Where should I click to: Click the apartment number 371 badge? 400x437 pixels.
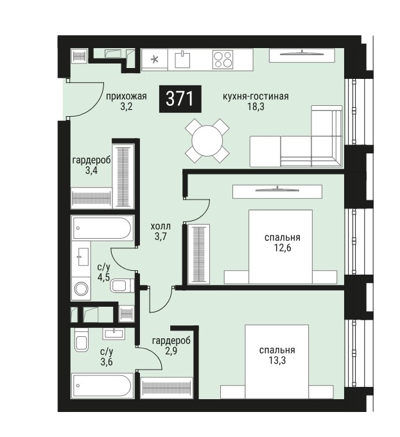pyautogui.click(x=180, y=99)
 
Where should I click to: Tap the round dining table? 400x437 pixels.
pyautogui.click(x=207, y=141)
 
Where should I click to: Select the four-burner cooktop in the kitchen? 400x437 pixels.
pyautogui.click(x=223, y=60)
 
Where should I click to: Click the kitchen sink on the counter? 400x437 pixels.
pyautogui.click(x=182, y=60)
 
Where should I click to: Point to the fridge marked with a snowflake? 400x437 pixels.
pyautogui.click(x=155, y=60)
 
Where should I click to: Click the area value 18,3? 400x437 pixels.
pyautogui.click(x=256, y=106)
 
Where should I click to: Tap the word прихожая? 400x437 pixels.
pyautogui.click(x=126, y=96)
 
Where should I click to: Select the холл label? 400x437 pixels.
pyautogui.click(x=161, y=227)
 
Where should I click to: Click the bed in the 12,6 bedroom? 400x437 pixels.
pyautogui.click(x=281, y=246)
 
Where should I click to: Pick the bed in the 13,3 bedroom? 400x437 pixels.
pyautogui.click(x=277, y=361)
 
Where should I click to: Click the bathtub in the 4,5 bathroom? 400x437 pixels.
pyautogui.click(x=102, y=228)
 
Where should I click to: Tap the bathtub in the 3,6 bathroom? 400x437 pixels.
pyautogui.click(x=102, y=386)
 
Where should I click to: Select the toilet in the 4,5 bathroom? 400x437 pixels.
pyautogui.click(x=122, y=286)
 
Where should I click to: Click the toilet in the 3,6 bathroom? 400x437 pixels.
pyautogui.click(x=81, y=340)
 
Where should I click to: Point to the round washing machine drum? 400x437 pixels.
pyautogui.click(x=81, y=289)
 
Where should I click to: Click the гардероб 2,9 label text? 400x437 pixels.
pyautogui.click(x=171, y=345)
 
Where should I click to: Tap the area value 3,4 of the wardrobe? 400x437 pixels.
pyautogui.click(x=91, y=170)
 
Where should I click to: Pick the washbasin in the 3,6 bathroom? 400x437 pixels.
pyautogui.click(x=114, y=334)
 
